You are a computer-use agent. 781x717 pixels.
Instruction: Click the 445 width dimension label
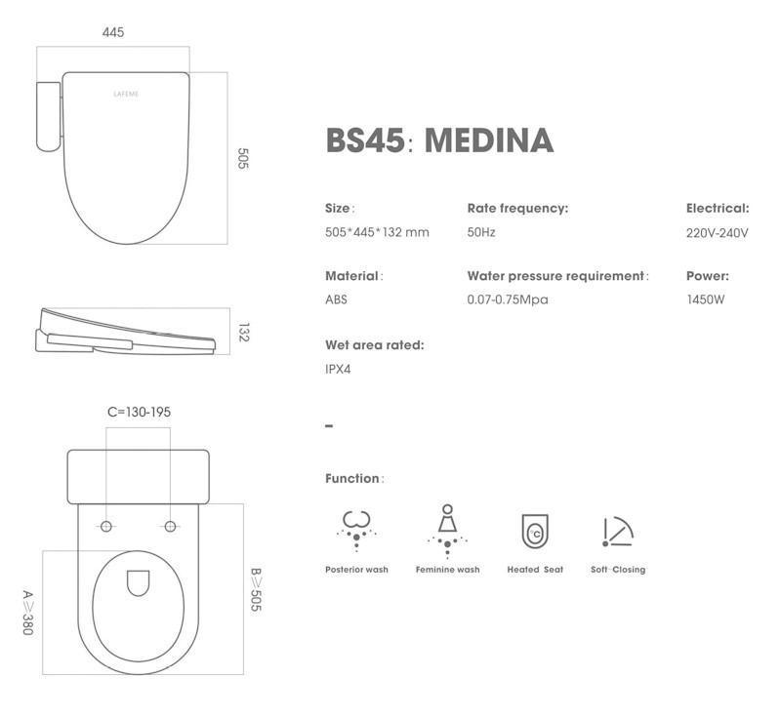point(113,32)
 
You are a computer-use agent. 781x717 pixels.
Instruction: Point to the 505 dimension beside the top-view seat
point(242,158)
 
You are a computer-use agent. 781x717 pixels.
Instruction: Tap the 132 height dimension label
point(243,333)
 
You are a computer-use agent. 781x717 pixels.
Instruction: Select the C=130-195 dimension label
point(139,412)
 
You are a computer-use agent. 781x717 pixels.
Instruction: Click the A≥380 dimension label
point(28,613)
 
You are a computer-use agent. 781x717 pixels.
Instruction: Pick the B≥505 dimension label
point(256,589)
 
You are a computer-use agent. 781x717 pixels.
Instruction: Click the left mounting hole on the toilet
point(106,526)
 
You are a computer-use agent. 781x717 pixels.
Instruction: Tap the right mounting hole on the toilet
point(170,526)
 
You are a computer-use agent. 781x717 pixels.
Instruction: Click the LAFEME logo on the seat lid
point(126,94)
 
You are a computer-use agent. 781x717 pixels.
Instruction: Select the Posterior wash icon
point(356,531)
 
